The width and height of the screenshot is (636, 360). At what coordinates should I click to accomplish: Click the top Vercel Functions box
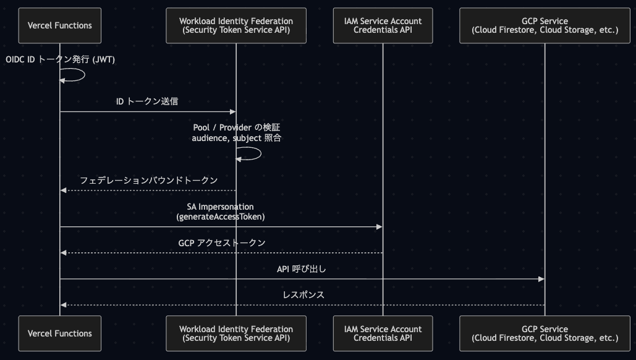tap(59, 25)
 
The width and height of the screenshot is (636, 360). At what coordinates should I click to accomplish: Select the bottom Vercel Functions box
tap(59, 333)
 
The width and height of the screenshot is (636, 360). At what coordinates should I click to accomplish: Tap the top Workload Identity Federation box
tap(236, 25)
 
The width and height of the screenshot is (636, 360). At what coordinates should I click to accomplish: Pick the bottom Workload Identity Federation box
tap(236, 333)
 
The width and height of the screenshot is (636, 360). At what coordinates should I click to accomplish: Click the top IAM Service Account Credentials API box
tap(383, 25)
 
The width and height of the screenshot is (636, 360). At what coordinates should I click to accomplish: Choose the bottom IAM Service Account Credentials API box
tap(383, 333)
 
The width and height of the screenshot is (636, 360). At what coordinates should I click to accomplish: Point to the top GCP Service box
tap(545, 25)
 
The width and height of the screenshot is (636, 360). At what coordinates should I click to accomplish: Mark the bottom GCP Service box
tap(545, 333)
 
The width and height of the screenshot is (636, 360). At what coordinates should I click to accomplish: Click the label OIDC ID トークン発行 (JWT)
tap(60, 59)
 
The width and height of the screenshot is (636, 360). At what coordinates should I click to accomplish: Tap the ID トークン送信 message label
tap(147, 101)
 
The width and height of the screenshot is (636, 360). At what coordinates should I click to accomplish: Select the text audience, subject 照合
tap(237, 138)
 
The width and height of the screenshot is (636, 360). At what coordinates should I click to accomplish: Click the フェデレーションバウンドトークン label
tap(148, 180)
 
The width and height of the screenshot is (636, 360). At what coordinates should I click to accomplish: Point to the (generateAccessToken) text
tap(221, 216)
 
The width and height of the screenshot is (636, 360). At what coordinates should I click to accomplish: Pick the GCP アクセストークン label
tap(222, 242)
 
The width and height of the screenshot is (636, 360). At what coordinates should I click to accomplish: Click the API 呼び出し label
tap(302, 268)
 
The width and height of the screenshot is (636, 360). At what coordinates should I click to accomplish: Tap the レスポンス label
tap(303, 294)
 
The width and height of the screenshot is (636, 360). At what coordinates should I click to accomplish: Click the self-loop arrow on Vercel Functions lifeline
tap(84, 75)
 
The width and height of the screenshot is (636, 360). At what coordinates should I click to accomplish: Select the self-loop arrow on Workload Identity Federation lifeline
tap(260, 153)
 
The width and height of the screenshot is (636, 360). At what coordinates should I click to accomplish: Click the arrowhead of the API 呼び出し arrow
tap(541, 279)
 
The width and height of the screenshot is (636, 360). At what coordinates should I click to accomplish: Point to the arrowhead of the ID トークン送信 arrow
tap(233, 111)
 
